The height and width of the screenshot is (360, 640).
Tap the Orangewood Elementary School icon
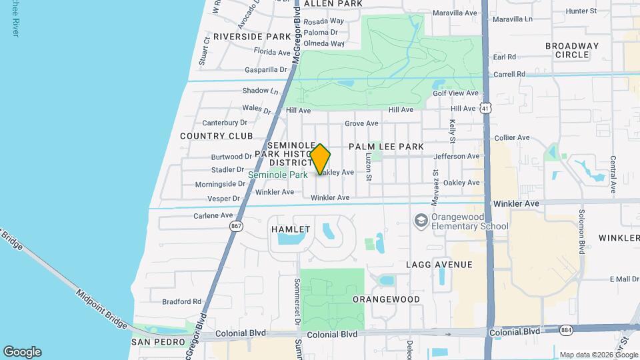point(421,219)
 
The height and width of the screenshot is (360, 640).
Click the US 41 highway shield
point(486,107)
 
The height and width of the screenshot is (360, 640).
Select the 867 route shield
point(236,227)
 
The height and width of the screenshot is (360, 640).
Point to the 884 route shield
point(566,331)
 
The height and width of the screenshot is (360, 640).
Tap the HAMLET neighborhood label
point(291,229)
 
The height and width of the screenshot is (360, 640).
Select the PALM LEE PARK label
point(386,146)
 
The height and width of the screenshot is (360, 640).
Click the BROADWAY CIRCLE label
point(572,50)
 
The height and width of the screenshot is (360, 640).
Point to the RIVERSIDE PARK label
point(253,36)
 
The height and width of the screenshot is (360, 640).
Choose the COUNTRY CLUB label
point(217,136)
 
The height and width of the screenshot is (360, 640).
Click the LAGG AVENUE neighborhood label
point(439,265)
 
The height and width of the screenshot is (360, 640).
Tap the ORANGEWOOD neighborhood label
point(386,299)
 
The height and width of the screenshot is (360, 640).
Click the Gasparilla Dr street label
point(265,69)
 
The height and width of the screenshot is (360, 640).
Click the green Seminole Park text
point(278,175)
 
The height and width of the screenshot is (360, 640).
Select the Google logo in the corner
point(22,352)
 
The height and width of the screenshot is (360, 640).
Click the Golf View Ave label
point(456,93)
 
